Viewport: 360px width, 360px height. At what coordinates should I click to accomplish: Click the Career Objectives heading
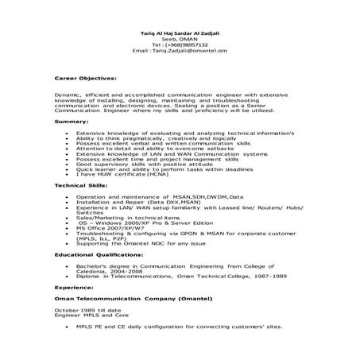click(85, 79)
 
